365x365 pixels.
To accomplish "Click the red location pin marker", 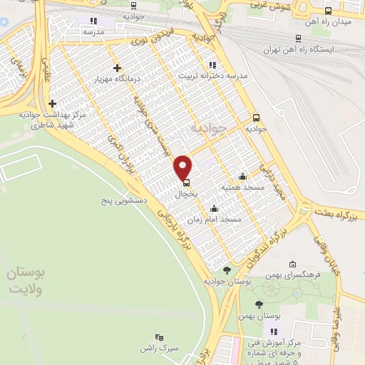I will click(184, 166).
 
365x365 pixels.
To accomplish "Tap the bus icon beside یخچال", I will click(186, 182).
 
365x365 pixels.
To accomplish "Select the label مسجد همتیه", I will click(242, 187).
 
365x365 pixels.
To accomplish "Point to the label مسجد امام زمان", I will click(220, 220).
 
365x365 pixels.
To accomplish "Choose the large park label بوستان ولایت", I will click(27, 282).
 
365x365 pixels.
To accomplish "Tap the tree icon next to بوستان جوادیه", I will click(227, 270).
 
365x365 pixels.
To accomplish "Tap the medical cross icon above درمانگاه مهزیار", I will click(117, 68).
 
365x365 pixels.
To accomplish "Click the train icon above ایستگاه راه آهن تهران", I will click(297, 40).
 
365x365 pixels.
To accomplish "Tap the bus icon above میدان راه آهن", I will click(328, 11).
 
